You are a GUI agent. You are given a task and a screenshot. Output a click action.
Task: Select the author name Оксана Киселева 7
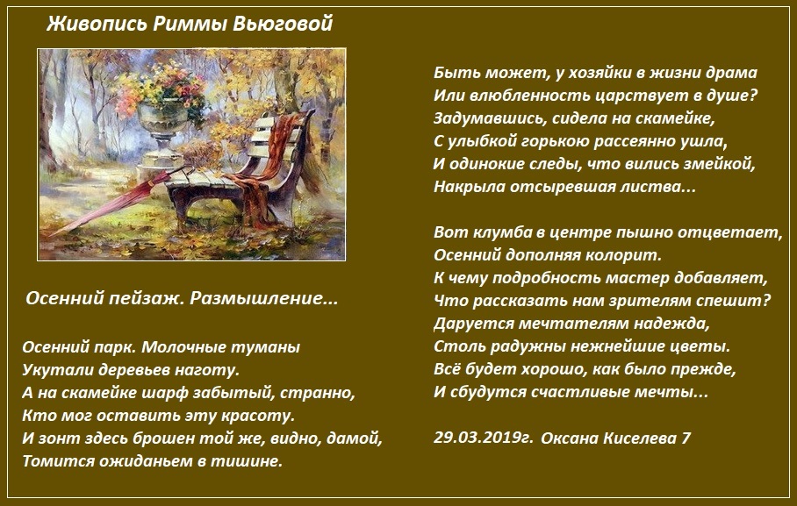point(615,438)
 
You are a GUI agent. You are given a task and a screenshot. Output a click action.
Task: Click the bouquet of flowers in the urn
point(162,86)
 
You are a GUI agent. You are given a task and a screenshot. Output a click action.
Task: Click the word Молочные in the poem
point(184,347)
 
